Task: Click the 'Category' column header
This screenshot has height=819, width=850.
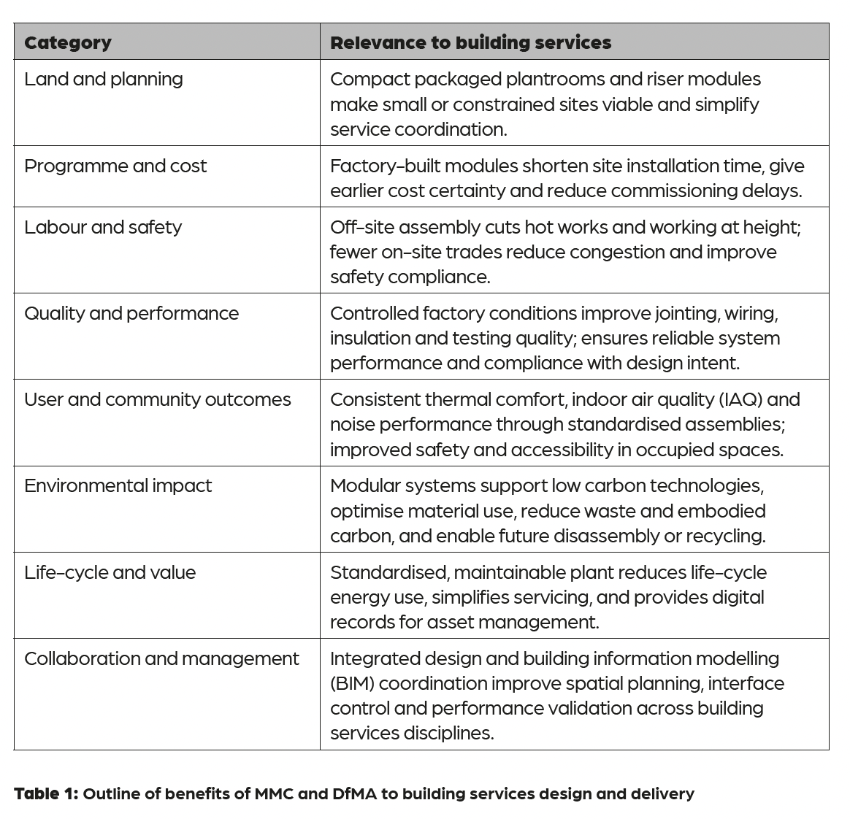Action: (x=68, y=42)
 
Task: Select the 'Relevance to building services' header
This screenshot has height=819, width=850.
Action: (x=470, y=42)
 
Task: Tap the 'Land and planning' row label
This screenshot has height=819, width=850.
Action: (x=104, y=79)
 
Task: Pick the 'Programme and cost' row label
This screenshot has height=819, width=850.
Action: (x=115, y=166)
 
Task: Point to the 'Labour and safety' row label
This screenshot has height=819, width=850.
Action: (x=103, y=227)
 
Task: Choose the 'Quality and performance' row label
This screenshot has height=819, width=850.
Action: (x=131, y=313)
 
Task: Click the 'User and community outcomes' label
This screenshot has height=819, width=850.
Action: (x=157, y=399)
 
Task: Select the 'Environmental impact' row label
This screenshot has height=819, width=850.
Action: (x=118, y=485)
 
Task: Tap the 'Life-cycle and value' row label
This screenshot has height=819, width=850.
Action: (x=110, y=572)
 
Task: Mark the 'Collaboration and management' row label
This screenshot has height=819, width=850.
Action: (x=161, y=658)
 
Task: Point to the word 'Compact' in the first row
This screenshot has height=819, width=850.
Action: (x=366, y=79)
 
